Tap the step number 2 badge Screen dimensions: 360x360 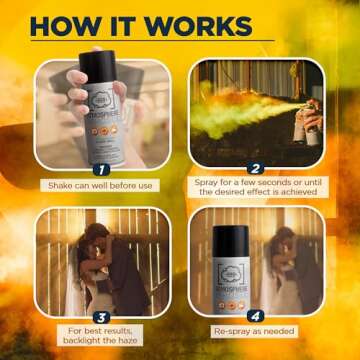coord(255,169)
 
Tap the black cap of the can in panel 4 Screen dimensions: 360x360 coord(231,240)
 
